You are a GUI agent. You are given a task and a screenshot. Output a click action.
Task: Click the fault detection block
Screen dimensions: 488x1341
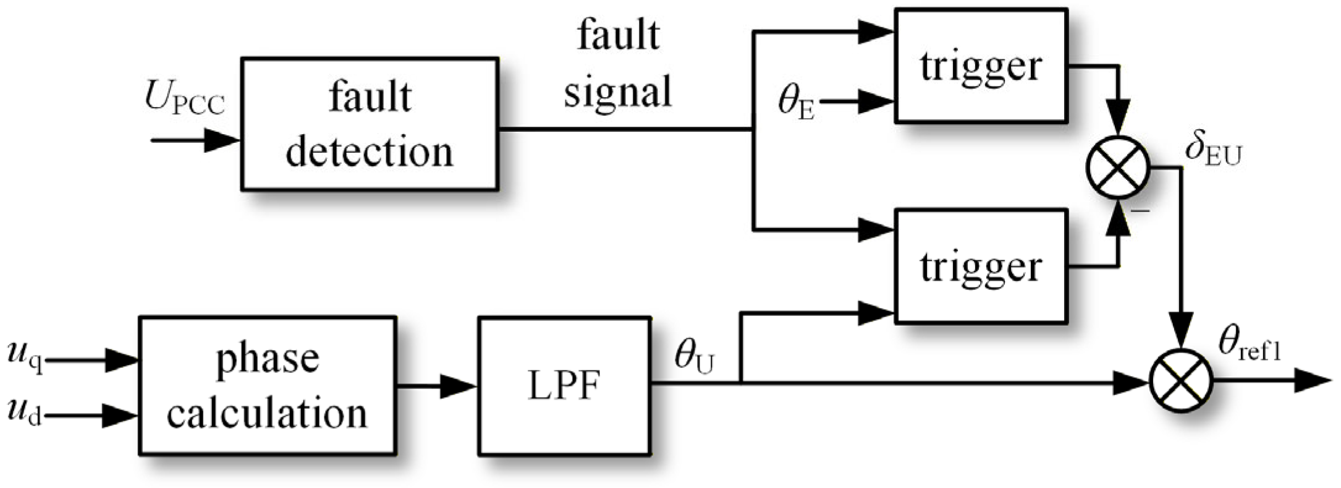point(370,124)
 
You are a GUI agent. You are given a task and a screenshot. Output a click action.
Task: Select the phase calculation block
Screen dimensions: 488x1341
point(267,385)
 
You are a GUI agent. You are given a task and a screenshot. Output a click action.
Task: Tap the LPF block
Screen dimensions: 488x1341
point(564,385)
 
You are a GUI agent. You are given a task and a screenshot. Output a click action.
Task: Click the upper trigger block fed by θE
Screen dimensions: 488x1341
point(981,66)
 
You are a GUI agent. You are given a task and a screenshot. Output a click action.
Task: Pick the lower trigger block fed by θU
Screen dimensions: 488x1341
point(981,266)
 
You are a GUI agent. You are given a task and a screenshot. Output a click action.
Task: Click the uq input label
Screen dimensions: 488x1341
point(25,358)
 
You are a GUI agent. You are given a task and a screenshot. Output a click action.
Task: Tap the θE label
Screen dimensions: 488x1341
point(796,103)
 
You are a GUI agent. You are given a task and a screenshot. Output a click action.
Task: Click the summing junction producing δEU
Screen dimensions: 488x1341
point(1118,168)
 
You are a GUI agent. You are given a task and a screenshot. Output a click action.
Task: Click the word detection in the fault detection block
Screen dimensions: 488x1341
point(370,152)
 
